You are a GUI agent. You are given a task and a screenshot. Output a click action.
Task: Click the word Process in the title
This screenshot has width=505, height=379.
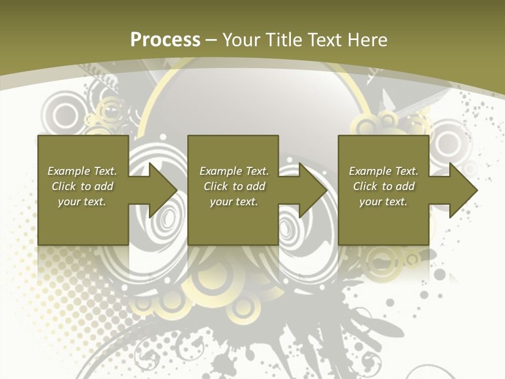(165, 39)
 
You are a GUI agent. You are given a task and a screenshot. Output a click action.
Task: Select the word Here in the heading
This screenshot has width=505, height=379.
(367, 39)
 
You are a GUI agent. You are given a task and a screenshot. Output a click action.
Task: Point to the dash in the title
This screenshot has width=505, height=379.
(211, 40)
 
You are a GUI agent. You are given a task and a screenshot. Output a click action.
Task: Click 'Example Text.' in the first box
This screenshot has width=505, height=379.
(82, 171)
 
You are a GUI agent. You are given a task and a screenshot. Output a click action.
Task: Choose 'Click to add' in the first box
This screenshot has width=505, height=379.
(82, 186)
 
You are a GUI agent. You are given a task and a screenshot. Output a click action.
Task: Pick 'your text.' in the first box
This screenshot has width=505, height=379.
(82, 202)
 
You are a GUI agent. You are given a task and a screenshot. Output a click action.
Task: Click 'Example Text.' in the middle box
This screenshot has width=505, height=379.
(234, 171)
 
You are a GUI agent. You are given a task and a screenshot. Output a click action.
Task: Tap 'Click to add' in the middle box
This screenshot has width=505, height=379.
(234, 186)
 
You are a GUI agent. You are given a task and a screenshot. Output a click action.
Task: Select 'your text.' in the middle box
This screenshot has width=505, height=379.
(234, 202)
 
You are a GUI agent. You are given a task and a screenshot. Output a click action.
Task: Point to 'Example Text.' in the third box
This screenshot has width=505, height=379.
(383, 171)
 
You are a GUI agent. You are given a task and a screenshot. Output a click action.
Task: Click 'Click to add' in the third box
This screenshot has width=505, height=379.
(383, 186)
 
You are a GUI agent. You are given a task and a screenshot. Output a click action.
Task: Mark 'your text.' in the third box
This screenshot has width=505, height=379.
(383, 202)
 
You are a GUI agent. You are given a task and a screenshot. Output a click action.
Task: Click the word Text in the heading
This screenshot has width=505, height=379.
(326, 39)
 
